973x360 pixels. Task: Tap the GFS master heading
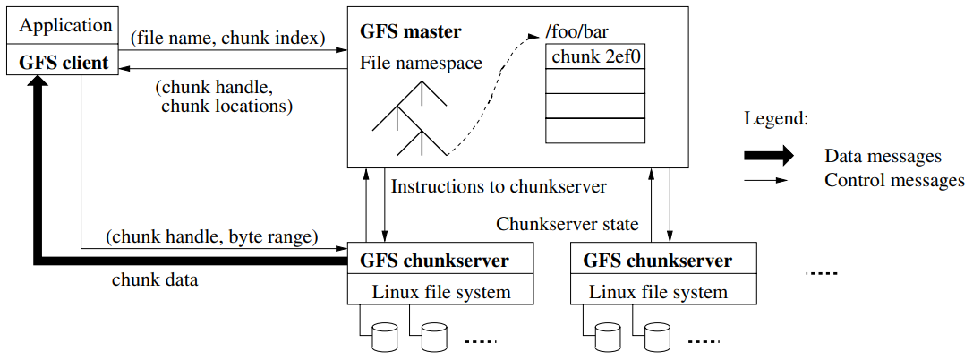[x=411, y=32]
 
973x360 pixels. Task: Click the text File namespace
[x=421, y=64]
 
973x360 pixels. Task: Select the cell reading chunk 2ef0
[x=594, y=58]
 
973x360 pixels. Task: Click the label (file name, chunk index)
[x=227, y=39]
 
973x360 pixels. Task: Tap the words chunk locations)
[x=227, y=107]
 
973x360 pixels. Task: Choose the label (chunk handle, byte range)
[x=212, y=237]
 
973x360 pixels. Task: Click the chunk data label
[x=155, y=279]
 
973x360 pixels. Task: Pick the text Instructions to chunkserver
[x=499, y=187]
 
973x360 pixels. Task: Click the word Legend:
[x=775, y=118]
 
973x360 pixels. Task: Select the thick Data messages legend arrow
[x=768, y=156]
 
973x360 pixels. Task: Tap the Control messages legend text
[x=894, y=180]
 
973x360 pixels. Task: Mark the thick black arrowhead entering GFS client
[x=37, y=87]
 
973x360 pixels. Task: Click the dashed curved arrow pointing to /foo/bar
[x=494, y=90]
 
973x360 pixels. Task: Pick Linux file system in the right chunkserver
[x=658, y=292]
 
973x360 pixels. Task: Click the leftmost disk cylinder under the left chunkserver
[x=384, y=337]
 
